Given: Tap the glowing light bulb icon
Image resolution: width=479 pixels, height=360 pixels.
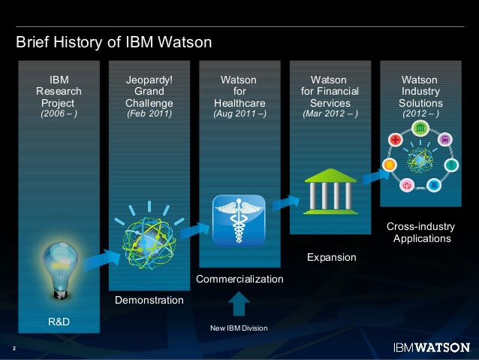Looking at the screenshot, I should click(59, 267).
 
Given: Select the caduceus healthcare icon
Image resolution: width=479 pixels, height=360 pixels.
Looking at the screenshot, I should click(239, 221).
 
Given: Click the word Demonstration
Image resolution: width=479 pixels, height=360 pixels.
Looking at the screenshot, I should click(149, 300).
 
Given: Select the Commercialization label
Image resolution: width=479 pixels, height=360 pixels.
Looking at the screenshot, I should click(239, 279).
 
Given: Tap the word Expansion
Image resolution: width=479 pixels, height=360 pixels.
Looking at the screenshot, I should click(331, 257).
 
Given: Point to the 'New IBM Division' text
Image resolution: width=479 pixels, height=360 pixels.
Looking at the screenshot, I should click(239, 328).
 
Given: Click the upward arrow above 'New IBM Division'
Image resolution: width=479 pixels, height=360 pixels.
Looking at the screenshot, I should click(239, 304).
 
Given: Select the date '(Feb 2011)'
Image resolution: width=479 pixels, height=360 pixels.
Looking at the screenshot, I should click(149, 113).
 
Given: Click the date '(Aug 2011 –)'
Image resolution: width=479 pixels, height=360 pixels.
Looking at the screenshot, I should click(239, 113).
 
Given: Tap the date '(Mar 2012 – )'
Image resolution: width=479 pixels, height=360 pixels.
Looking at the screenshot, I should click(330, 113).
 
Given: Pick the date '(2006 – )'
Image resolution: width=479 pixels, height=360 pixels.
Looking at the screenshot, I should click(59, 113).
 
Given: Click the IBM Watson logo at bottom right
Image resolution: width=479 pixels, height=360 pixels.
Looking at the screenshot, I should click(431, 347).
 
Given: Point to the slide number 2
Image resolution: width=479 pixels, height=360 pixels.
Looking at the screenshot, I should click(14, 348).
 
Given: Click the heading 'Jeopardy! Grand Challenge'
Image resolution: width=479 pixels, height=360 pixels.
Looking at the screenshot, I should click(149, 91).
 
